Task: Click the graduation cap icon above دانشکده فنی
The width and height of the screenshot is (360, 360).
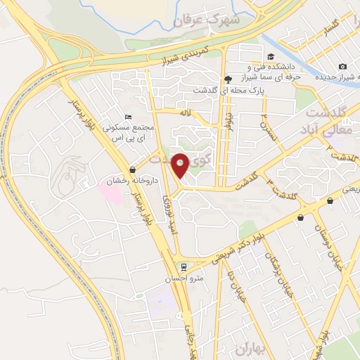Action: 270,56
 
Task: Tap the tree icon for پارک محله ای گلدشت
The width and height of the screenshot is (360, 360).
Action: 226,79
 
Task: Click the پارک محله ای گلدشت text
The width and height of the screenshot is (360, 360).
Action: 226,91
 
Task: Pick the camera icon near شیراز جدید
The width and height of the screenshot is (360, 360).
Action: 342,65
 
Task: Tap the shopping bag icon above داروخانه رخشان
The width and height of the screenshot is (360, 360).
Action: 133,169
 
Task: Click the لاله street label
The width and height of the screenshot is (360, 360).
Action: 185,112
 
